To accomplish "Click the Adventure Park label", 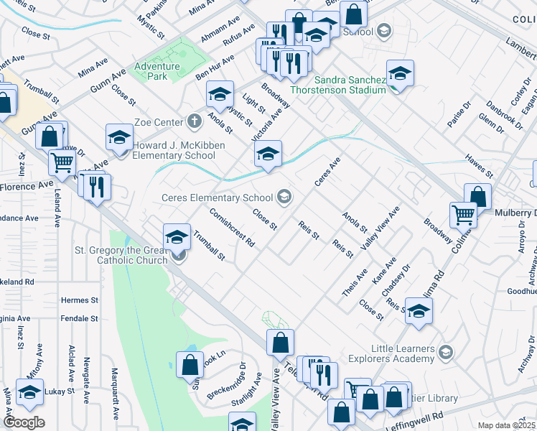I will pos(150,70).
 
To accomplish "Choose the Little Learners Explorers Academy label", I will pos(392,353).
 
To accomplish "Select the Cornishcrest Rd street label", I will pos(232,228).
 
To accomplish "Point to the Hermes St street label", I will pos(80,300).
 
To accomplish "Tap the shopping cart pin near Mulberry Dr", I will pos(463,214).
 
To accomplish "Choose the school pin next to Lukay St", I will pos(29,391).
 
